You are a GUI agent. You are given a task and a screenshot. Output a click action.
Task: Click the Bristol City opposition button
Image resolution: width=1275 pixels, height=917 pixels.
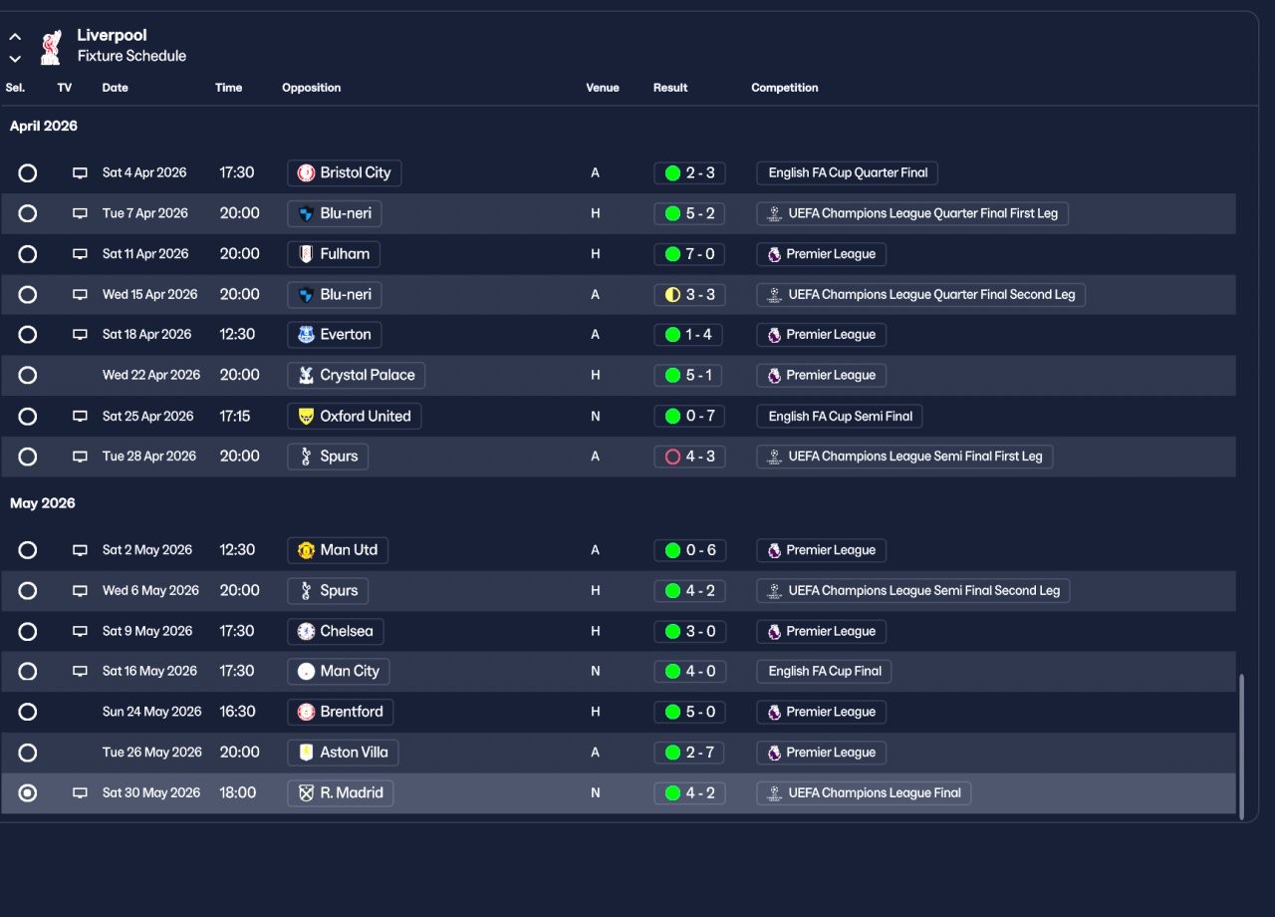345,173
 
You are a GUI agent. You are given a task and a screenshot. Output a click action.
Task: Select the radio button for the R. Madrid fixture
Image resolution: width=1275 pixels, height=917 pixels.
28,793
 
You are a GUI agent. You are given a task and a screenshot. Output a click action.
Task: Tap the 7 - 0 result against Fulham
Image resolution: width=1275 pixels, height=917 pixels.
689,254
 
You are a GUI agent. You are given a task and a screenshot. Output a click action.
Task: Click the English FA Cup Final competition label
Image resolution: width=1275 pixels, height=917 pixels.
824,672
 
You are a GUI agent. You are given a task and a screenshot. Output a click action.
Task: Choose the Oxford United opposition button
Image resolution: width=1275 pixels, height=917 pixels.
354,417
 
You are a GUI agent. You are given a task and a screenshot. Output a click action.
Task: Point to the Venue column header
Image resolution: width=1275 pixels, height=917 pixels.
603,88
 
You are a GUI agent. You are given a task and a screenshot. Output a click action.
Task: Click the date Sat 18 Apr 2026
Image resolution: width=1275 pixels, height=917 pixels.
146,335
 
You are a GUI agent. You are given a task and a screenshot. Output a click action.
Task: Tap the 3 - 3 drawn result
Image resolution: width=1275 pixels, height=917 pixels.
689,295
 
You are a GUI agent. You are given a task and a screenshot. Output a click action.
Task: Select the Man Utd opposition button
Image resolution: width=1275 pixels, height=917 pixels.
338,550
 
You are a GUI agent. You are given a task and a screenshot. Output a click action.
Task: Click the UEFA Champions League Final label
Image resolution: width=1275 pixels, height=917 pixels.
864,793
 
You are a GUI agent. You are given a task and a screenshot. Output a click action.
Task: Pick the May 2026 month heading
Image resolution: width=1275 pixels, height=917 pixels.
43,503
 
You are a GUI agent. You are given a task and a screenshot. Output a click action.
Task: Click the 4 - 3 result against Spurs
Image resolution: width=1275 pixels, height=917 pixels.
689,457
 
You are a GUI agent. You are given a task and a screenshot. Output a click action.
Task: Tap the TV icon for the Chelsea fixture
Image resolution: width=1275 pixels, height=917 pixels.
80,632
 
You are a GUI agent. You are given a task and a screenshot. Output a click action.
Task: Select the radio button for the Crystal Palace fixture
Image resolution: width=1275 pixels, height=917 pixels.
28,376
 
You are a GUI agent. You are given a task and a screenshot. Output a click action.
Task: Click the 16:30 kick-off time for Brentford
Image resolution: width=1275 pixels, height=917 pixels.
238,712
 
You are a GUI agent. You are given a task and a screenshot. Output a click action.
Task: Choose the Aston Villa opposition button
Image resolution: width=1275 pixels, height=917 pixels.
343,753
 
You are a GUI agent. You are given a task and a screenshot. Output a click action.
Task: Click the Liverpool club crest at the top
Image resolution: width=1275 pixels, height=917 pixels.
50,47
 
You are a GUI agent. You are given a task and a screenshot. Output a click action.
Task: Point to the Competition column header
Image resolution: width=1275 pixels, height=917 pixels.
785,88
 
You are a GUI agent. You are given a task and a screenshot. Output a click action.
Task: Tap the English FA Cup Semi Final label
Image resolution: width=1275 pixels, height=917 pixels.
840,417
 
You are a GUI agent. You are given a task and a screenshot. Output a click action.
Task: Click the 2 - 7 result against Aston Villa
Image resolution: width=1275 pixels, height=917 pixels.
689,753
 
